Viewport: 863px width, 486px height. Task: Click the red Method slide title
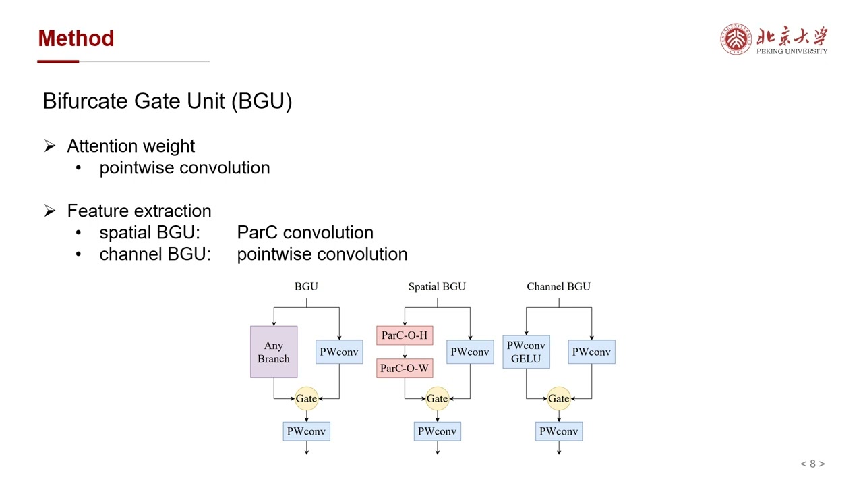coord(76,38)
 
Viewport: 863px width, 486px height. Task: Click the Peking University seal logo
coord(736,39)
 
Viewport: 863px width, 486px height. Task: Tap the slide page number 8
coord(812,464)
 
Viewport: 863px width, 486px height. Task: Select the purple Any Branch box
coord(274,352)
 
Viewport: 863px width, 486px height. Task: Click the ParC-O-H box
coord(405,335)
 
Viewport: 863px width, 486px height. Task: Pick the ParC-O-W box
coord(405,369)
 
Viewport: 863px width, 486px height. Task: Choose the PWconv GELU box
coord(526,352)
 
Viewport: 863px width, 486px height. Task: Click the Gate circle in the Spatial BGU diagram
coord(437,399)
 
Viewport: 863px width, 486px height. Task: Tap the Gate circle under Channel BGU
coord(558,399)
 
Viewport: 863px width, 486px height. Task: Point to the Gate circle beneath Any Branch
coord(306,399)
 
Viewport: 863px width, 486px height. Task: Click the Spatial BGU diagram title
coord(437,286)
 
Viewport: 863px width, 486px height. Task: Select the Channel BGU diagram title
coord(558,286)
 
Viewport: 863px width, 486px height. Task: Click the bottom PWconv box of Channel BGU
coord(558,431)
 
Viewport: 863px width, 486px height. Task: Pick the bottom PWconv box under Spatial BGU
coord(437,431)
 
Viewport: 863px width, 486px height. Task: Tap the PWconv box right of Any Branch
coord(339,352)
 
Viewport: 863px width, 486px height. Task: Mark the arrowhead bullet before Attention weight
coord(50,146)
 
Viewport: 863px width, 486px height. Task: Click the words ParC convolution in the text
coord(305,232)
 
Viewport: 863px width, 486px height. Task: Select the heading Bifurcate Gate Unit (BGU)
coord(167,101)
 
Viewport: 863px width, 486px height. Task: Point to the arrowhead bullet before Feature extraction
coord(50,211)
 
